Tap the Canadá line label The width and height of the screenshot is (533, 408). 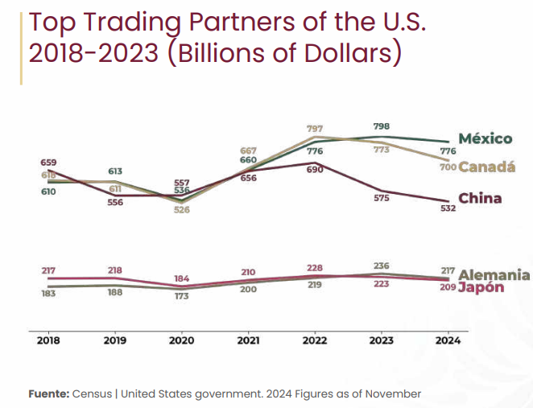pyautogui.click(x=487, y=167)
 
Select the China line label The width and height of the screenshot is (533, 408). pyautogui.click(x=480, y=199)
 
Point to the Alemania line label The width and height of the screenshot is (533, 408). pyautogui.click(x=494, y=274)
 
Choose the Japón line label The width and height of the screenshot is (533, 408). pyautogui.click(x=481, y=288)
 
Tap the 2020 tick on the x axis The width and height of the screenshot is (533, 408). pyautogui.click(x=181, y=340)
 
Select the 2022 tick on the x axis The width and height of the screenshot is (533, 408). pyautogui.click(x=315, y=340)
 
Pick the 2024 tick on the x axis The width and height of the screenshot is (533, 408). pyautogui.click(x=448, y=340)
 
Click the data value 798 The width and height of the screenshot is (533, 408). pyautogui.click(x=382, y=126)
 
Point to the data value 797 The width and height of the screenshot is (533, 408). pyautogui.click(x=316, y=129)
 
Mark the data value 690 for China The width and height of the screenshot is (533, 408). pyautogui.click(x=315, y=172)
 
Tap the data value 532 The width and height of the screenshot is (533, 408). pyautogui.click(x=448, y=208)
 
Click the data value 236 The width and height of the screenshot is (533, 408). pyautogui.click(x=382, y=265)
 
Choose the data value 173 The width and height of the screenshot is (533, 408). pyautogui.click(x=181, y=297)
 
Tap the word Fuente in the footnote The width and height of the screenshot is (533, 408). pyautogui.click(x=48, y=394)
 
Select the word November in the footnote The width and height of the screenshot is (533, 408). pyautogui.click(x=392, y=394)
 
